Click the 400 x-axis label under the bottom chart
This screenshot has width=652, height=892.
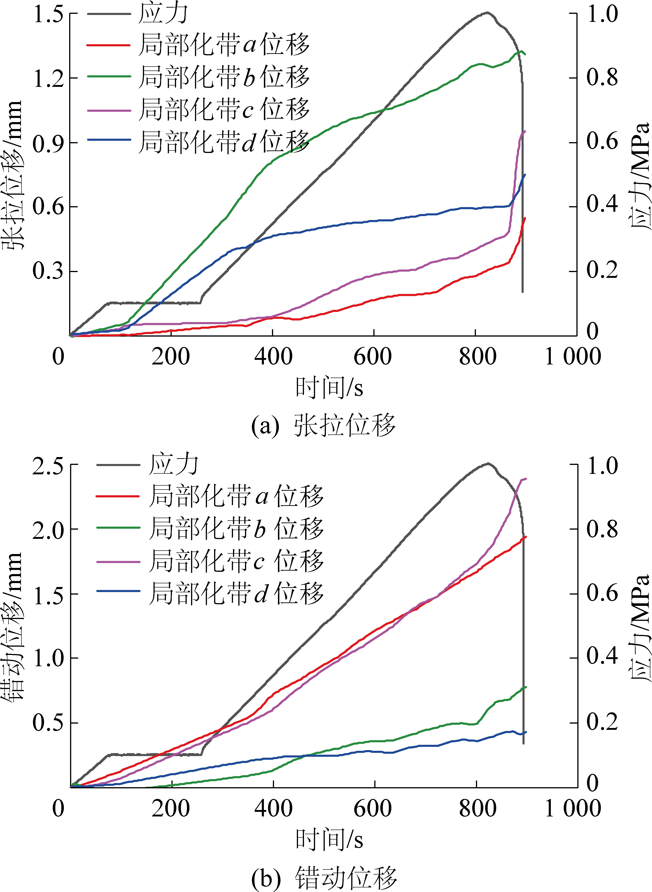pos(273,809)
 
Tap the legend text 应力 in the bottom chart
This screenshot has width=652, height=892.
pos(174,464)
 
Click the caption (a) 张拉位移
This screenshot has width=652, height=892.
pos(323,426)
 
